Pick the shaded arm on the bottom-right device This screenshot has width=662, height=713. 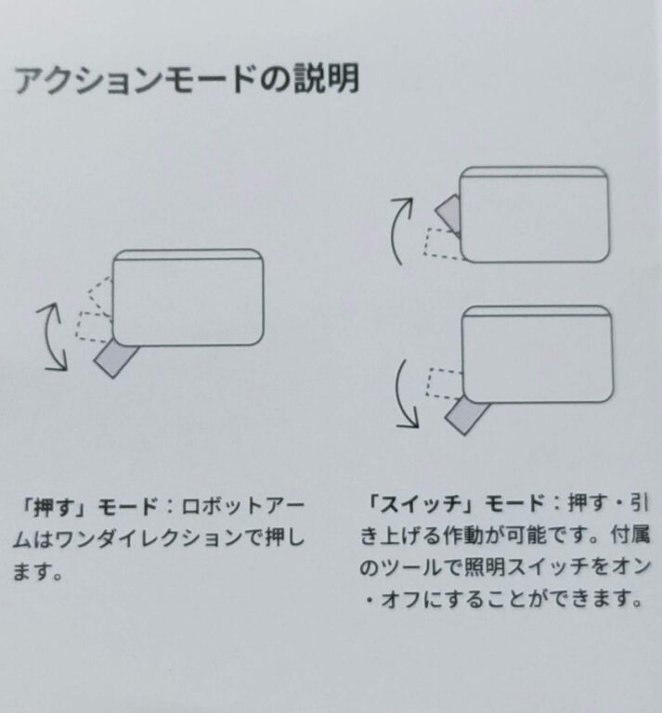(x=466, y=416)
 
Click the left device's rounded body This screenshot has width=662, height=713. (x=188, y=297)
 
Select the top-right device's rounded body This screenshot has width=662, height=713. (x=534, y=214)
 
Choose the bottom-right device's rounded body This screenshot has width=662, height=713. (x=538, y=355)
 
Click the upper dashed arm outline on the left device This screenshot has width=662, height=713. (x=100, y=295)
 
